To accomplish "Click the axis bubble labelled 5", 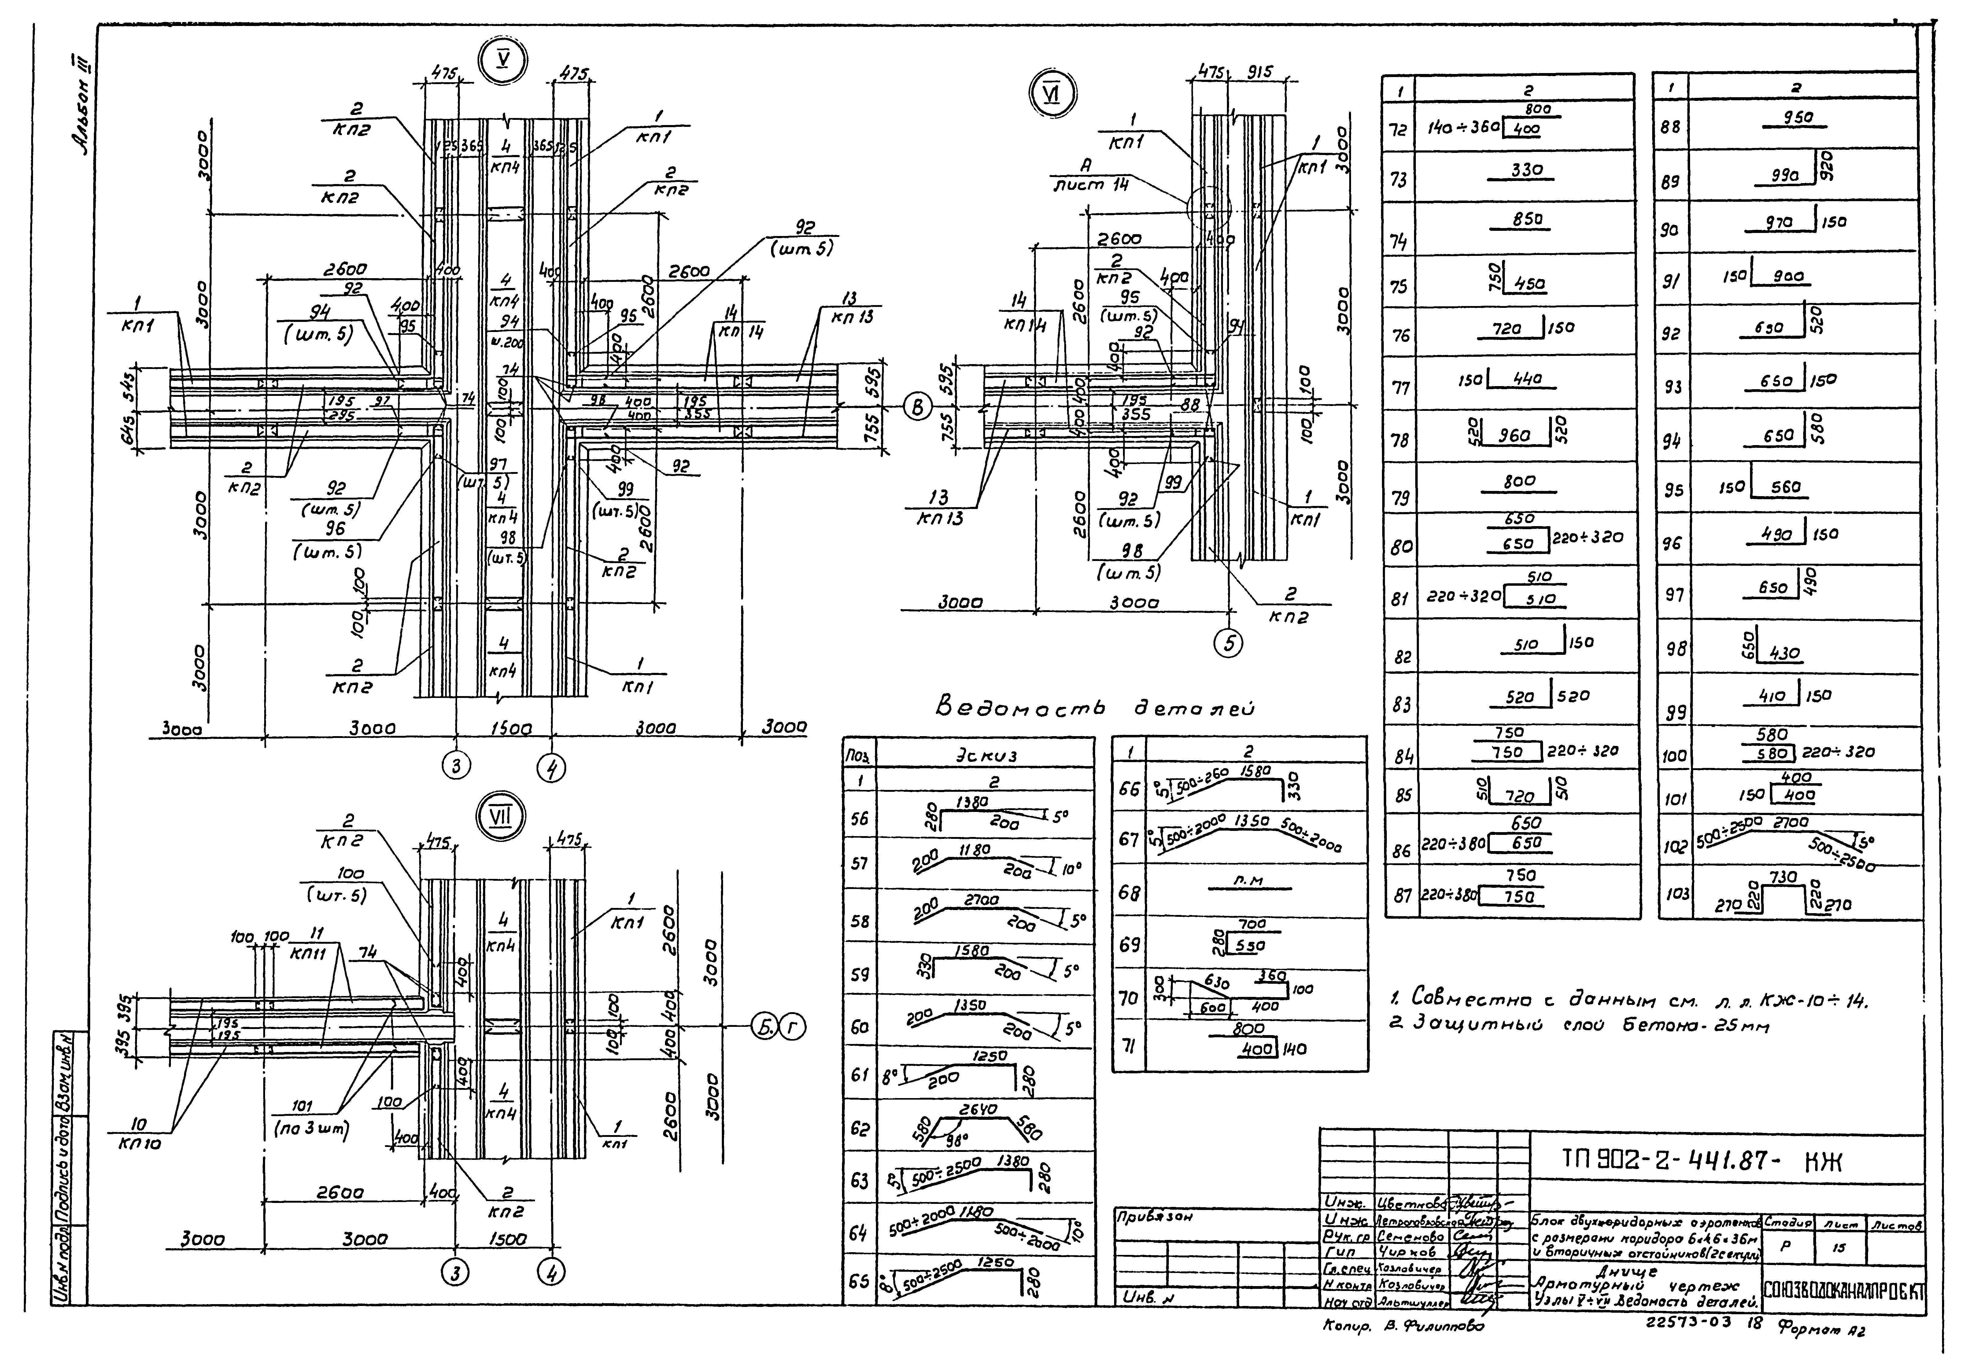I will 1229,644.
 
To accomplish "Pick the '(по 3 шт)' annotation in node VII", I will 311,1130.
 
